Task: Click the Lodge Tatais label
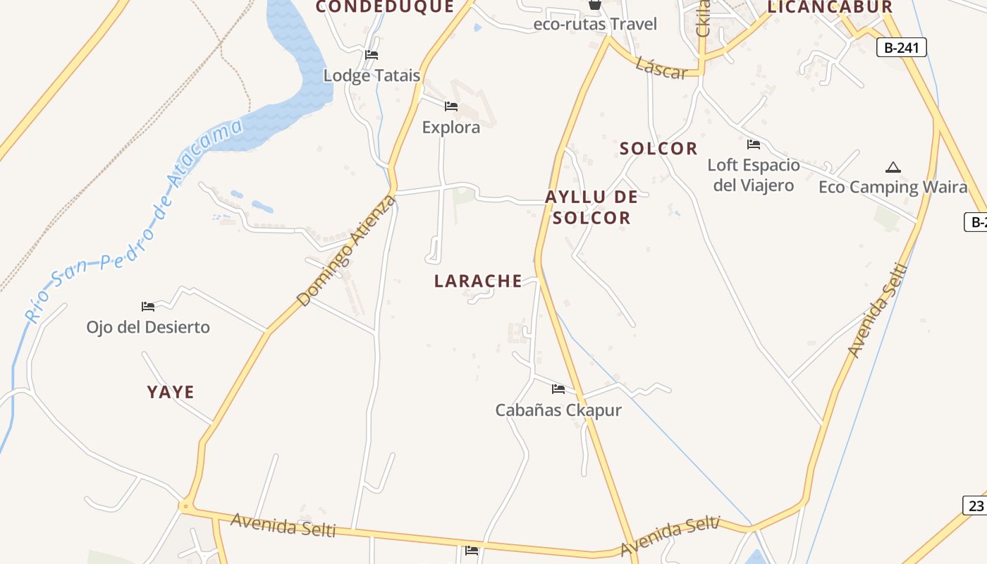(x=372, y=75)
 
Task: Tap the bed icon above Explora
(x=451, y=106)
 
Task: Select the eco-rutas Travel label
(x=595, y=24)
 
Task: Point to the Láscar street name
(x=661, y=68)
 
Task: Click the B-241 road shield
(x=901, y=47)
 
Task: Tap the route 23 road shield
(x=976, y=505)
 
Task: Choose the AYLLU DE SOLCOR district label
(x=591, y=207)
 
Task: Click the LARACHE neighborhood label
(x=478, y=281)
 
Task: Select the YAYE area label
(x=171, y=392)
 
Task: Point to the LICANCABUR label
(x=830, y=8)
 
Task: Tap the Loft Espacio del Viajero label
(x=754, y=175)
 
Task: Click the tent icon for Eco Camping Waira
(x=893, y=168)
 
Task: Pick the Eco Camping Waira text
(x=893, y=187)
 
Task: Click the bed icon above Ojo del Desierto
(x=148, y=307)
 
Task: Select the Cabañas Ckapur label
(x=558, y=410)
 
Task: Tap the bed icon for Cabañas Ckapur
(x=558, y=388)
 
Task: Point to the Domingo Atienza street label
(x=347, y=251)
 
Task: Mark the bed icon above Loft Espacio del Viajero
(x=754, y=145)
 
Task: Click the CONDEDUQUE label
(x=384, y=7)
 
